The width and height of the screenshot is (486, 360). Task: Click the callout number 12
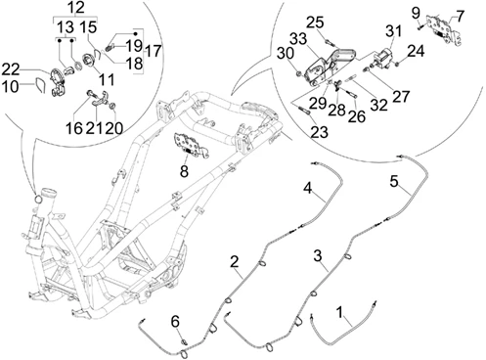pos(75,7)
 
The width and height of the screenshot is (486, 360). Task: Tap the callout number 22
pos(11,69)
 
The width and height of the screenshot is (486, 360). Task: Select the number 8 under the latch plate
pos(184,171)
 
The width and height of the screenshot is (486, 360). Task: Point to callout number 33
pos(298,39)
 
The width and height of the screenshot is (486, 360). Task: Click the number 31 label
pos(393,32)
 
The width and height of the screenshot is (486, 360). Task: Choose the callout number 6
pos(175,322)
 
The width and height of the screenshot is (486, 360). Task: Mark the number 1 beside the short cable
pos(340,313)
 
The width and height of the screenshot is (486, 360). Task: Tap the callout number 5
pos(394,181)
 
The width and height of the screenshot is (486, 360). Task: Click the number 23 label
pos(319,132)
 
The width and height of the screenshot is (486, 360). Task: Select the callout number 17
pos(153,51)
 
